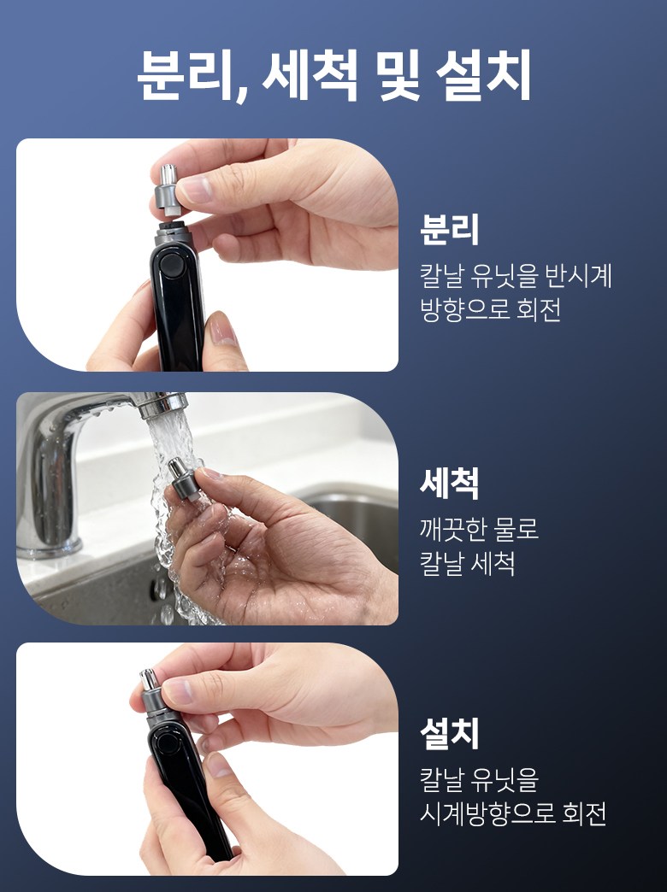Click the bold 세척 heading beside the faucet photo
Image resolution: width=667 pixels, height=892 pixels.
point(450,483)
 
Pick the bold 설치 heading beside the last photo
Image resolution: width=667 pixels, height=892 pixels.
point(450,733)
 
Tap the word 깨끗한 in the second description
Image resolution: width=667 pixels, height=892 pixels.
point(452,530)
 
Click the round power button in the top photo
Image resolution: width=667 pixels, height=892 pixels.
point(170,265)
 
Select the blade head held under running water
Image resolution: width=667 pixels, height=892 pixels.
point(183,479)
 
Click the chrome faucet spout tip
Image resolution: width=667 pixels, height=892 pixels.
point(163,404)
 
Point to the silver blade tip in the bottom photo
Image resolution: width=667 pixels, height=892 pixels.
point(148,678)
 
